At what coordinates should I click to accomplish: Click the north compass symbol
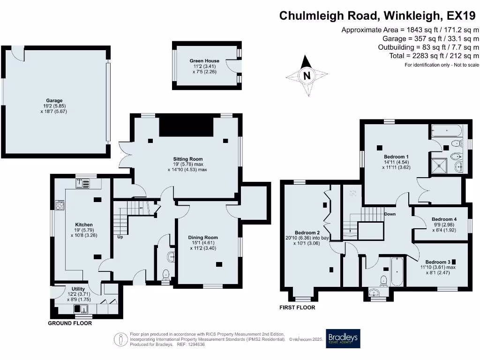[x=307, y=75]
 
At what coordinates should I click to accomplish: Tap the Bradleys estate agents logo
[x=343, y=337]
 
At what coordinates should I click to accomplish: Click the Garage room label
[x=54, y=101]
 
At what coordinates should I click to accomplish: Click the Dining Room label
[x=203, y=238]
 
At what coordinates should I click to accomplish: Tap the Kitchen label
[x=84, y=225]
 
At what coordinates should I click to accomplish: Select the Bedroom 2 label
[x=307, y=233]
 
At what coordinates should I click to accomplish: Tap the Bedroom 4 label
[x=443, y=219]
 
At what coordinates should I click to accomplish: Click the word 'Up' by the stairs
[x=120, y=237]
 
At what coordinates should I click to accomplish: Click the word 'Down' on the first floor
[x=390, y=214]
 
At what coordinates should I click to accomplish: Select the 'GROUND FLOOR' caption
[x=70, y=323]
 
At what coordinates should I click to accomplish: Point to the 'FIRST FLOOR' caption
[x=297, y=308]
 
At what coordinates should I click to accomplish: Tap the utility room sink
[x=81, y=308]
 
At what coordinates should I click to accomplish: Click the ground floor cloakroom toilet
[x=165, y=275]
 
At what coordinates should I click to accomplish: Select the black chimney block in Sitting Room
[x=186, y=126]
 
